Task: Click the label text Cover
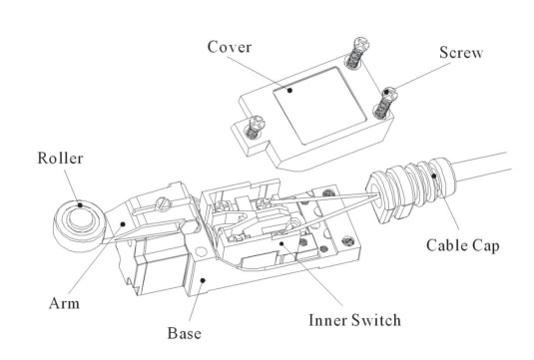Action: point(230,47)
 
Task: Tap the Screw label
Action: point(461,53)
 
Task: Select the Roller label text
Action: point(60,159)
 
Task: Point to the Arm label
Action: point(64,303)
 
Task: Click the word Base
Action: point(185,333)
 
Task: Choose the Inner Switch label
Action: point(354,320)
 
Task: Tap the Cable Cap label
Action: point(463,245)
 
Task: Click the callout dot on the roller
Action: point(80,204)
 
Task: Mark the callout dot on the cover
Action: point(289,90)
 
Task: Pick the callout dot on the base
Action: point(203,280)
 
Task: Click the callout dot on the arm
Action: point(123,224)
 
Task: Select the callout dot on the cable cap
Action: point(434,176)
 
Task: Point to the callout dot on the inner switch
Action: point(281,243)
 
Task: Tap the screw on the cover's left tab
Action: point(254,128)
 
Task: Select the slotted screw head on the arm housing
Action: point(162,203)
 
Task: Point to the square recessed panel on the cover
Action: point(319,105)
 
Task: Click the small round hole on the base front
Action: point(201,251)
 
